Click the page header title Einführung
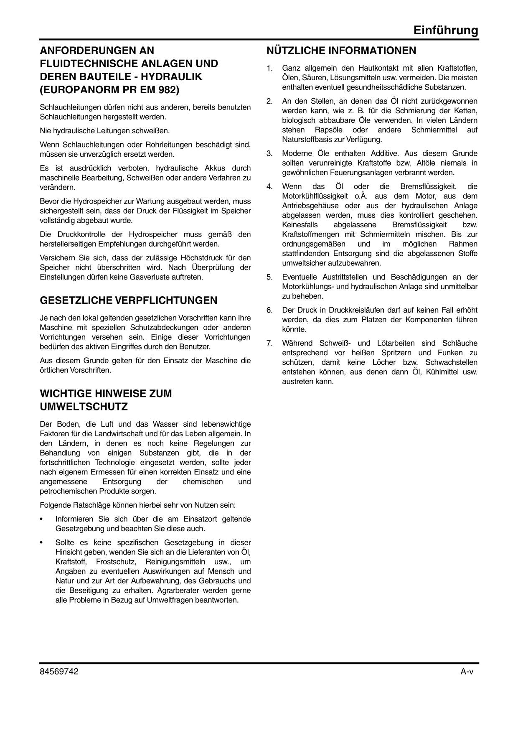(446, 30)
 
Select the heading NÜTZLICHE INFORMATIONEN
(341, 51)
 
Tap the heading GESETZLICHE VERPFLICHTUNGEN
(128, 300)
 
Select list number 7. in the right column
(269, 343)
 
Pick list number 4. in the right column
(269, 186)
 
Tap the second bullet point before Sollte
(41, 543)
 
